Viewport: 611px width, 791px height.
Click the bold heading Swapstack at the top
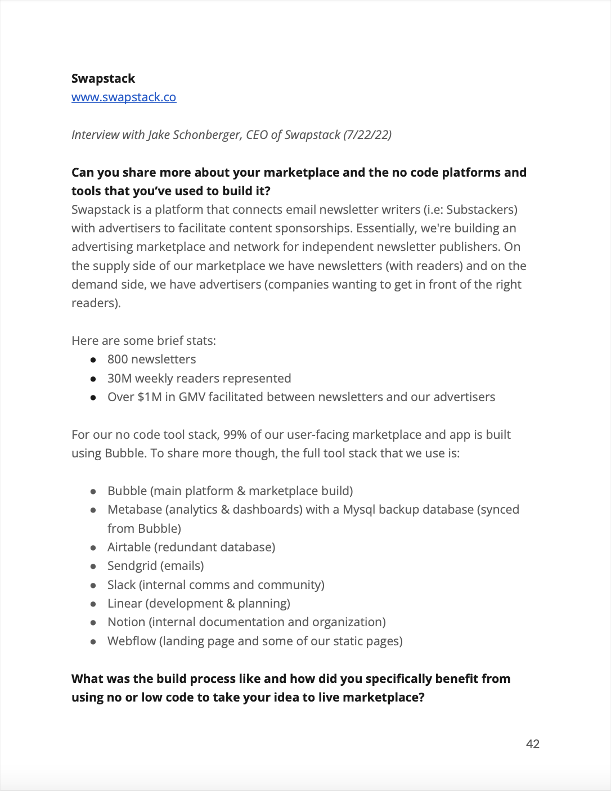(x=103, y=79)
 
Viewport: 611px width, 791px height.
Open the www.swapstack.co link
(x=124, y=97)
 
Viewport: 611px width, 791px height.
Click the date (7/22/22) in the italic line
(x=367, y=135)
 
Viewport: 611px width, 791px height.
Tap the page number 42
(x=532, y=744)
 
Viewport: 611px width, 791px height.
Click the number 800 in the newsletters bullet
(x=118, y=359)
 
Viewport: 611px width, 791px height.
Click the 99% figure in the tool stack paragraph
(x=235, y=435)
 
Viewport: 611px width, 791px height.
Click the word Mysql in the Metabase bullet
(x=359, y=510)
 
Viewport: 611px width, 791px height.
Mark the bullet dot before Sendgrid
(x=93, y=567)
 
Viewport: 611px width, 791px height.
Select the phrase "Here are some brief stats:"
(x=143, y=341)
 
